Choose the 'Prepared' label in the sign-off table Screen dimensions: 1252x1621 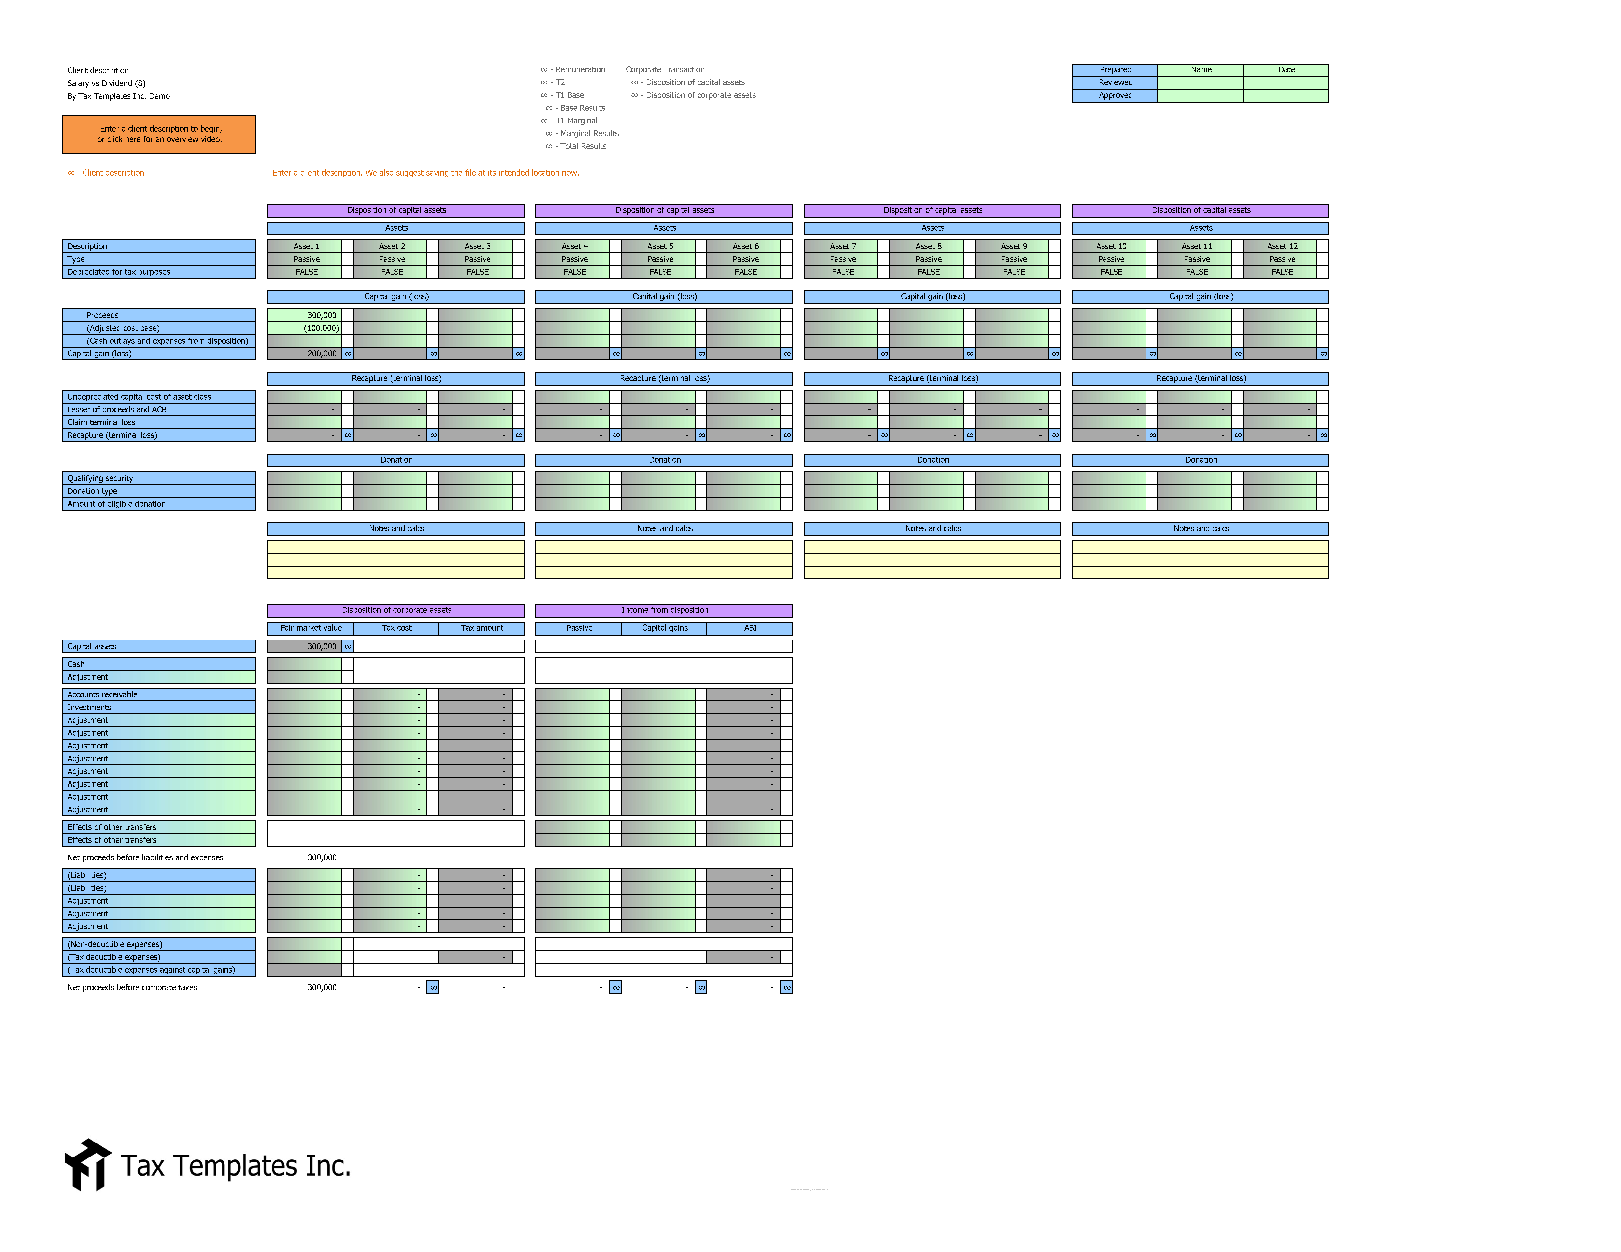coord(1115,70)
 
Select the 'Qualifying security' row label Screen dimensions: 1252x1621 coord(100,478)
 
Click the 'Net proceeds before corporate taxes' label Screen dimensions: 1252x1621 coord(132,987)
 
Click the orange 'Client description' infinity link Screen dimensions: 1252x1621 coord(106,173)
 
